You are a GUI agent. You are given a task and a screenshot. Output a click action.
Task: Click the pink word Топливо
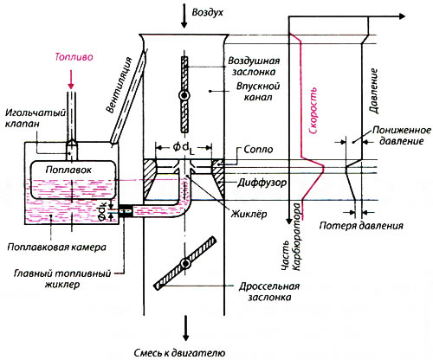click(74, 57)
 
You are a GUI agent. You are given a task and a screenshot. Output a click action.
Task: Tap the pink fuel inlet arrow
click(71, 80)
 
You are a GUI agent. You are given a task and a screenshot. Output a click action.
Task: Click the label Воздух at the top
click(208, 13)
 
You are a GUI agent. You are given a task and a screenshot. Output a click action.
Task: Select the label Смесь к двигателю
click(179, 352)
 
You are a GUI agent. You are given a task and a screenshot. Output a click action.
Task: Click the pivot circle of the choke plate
click(184, 95)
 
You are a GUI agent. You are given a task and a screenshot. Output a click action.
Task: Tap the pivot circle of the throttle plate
click(185, 263)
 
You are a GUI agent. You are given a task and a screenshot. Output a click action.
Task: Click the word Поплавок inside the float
click(68, 170)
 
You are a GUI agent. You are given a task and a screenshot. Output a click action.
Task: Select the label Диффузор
click(262, 183)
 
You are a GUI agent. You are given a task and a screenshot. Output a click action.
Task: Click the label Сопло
click(258, 149)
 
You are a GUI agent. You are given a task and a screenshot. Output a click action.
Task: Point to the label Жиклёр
click(249, 214)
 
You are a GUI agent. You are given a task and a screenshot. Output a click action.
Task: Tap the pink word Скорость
click(313, 111)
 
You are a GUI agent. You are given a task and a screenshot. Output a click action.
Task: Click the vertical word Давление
click(373, 91)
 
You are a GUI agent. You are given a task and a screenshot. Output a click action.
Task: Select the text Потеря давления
click(361, 226)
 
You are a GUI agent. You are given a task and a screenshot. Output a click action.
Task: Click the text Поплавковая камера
click(56, 247)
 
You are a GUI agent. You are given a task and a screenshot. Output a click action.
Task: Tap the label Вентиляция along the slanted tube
click(119, 85)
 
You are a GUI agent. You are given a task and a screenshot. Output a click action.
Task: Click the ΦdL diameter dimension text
click(184, 148)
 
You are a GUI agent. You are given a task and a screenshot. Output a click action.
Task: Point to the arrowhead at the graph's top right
click(402, 16)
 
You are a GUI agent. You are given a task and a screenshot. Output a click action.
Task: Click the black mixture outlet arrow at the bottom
click(185, 328)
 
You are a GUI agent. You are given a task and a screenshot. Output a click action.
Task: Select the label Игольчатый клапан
click(36, 118)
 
